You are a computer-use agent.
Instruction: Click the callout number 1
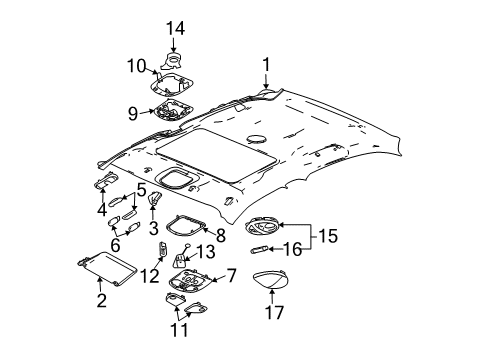[265, 66]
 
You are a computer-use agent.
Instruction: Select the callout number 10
[136, 66]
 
